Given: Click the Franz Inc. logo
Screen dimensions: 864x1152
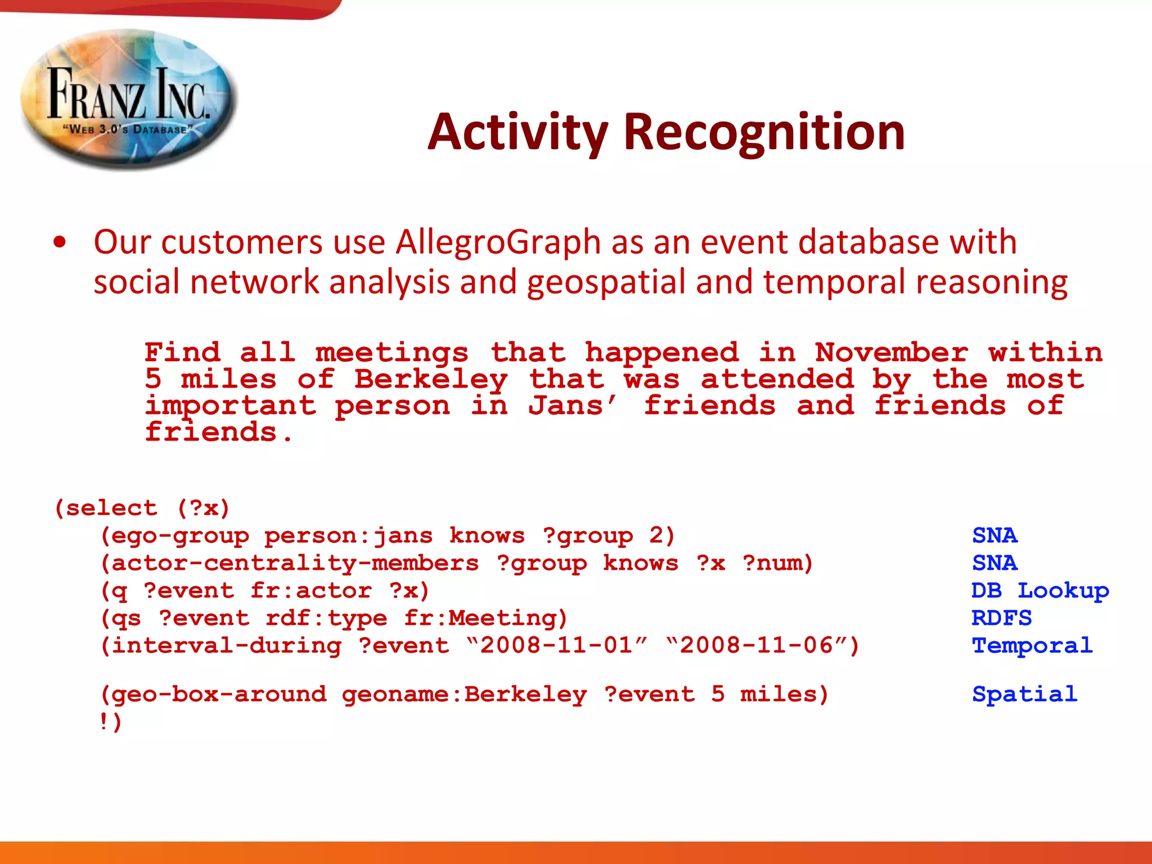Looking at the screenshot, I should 128,100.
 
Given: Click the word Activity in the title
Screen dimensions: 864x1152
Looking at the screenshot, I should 517,132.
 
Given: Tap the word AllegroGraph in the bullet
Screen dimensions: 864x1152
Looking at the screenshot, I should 498,242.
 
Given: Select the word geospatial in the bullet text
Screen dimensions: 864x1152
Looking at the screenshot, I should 606,282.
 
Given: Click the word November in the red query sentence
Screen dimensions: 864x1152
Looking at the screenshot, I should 891,353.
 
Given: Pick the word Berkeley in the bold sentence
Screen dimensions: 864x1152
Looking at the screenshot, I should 431,379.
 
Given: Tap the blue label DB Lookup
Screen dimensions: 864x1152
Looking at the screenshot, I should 1039,591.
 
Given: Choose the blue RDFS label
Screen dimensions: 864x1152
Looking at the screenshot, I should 1001,618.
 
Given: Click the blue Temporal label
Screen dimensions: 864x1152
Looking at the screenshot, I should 1032,646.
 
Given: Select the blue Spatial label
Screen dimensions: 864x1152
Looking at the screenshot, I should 1024,694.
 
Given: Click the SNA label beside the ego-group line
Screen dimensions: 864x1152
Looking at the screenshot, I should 994,535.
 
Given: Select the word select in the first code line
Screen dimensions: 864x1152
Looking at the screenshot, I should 111,508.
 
